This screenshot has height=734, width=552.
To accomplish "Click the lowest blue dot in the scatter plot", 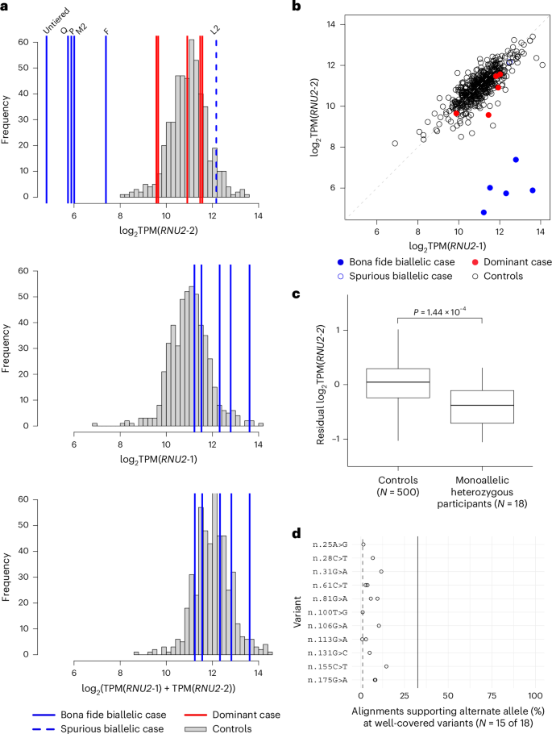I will coord(484,212).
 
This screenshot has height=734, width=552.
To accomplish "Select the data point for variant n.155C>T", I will coord(386,666).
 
